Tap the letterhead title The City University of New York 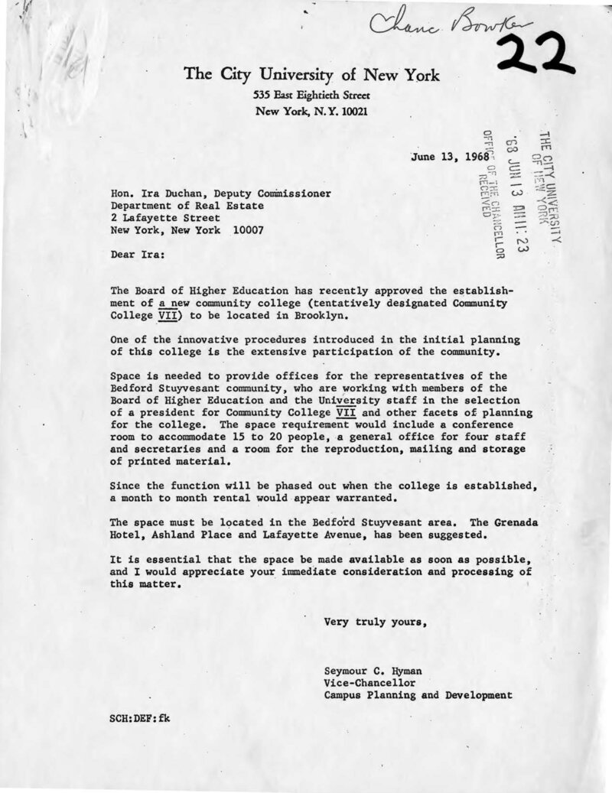311,77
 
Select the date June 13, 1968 444,160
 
